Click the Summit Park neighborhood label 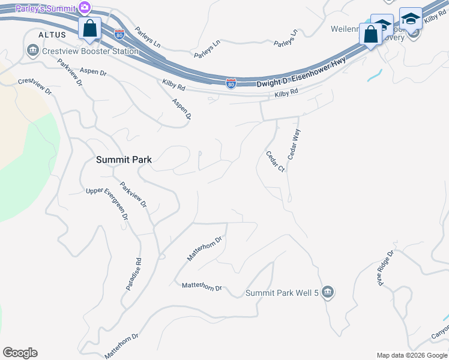[124, 160]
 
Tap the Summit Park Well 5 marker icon [327, 292]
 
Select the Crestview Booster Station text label [91, 52]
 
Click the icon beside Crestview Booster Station [32, 52]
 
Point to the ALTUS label [52, 35]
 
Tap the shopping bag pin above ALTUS [89, 28]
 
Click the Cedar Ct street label [275, 161]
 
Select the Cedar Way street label [294, 144]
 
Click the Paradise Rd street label [133, 275]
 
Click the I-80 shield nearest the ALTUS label [119, 34]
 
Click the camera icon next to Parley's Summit [85, 7]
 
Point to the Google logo [20, 353]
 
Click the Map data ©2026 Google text [411, 355]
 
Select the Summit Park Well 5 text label [282, 293]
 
